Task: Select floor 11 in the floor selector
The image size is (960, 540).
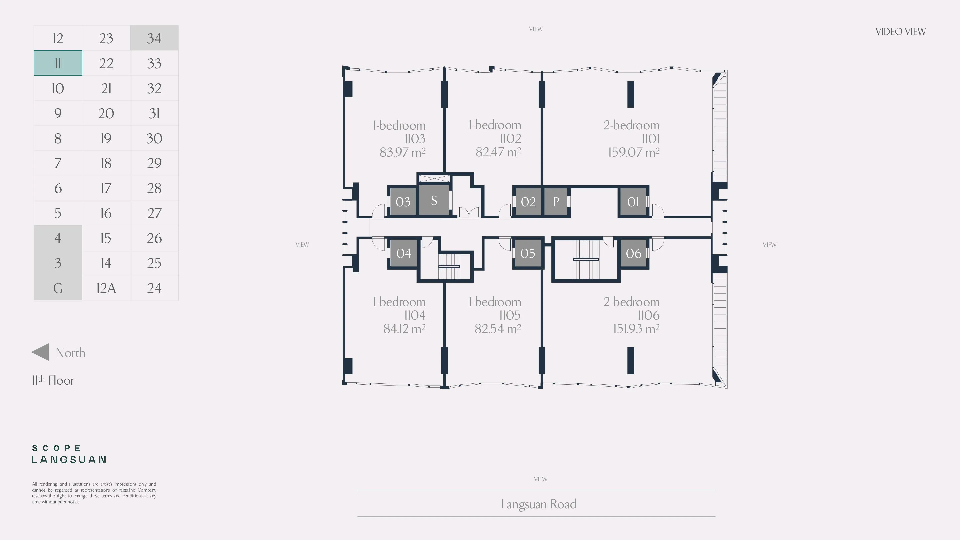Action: (x=58, y=63)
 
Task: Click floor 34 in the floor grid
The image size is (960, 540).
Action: (x=154, y=38)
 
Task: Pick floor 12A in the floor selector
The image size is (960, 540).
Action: (x=106, y=288)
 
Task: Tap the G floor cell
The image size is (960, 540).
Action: (x=58, y=288)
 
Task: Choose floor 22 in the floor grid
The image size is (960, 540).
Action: (x=106, y=63)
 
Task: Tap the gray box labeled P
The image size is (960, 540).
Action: (x=556, y=201)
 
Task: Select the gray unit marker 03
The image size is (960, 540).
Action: (x=403, y=201)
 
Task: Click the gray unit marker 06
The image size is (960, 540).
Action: (x=633, y=253)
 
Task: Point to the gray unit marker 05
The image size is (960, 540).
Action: (x=528, y=253)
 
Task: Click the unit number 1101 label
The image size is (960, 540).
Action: (x=651, y=139)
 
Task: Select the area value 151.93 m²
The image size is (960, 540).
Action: (x=636, y=329)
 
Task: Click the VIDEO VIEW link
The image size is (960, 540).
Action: (x=900, y=32)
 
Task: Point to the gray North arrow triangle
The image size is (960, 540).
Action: (x=40, y=352)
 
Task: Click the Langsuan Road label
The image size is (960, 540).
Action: (x=538, y=504)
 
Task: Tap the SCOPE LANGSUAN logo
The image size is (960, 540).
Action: (x=69, y=454)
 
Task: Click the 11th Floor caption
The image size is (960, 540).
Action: (x=53, y=380)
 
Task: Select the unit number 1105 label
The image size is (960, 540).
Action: (x=510, y=315)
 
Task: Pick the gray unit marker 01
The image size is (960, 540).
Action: (x=633, y=201)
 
